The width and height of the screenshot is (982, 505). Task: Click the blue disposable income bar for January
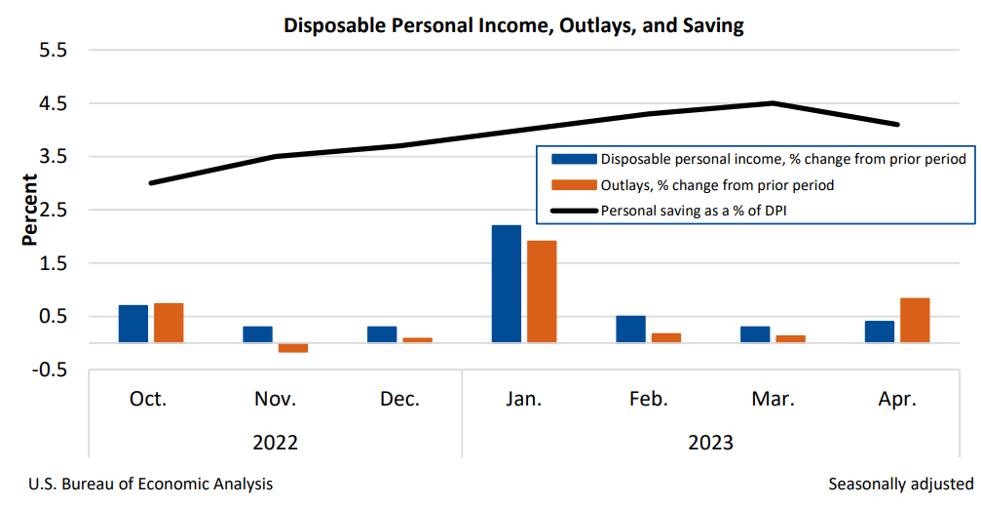(x=506, y=284)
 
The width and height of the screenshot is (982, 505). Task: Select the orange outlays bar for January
(x=542, y=291)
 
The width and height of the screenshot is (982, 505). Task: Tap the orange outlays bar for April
(x=915, y=320)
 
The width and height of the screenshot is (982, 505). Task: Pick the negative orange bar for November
(x=292, y=348)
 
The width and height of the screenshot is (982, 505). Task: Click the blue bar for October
(x=133, y=324)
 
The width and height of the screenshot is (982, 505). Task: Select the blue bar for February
(x=630, y=329)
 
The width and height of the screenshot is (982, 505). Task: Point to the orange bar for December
(x=417, y=340)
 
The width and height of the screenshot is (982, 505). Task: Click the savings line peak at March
(x=773, y=102)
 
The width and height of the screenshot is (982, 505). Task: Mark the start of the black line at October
(x=151, y=182)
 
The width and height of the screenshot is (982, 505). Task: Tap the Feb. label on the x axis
(x=649, y=399)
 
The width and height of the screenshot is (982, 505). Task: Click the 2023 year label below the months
(x=711, y=442)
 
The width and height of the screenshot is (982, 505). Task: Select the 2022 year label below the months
(x=276, y=442)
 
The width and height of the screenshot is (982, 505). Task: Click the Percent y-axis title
(x=30, y=210)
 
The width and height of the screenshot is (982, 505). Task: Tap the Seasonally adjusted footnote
(x=900, y=484)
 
